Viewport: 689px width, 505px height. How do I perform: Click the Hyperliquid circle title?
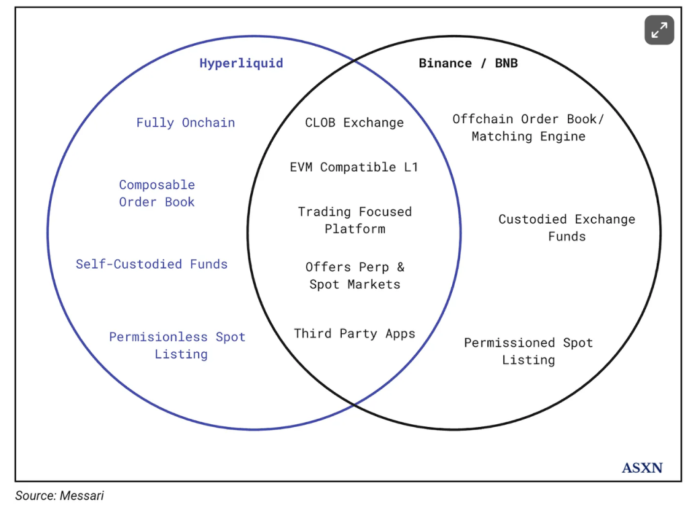[241, 63]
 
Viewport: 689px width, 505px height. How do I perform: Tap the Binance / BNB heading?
[468, 63]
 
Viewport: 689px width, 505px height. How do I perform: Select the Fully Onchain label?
[185, 123]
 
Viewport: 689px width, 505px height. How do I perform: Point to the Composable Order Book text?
[157, 193]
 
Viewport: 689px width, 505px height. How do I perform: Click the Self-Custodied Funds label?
[151, 264]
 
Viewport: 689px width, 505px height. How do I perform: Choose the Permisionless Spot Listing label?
[178, 345]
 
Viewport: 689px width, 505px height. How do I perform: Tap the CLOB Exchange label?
[354, 123]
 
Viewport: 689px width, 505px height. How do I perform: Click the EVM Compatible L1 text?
[354, 167]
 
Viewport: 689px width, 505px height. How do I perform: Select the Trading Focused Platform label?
[355, 220]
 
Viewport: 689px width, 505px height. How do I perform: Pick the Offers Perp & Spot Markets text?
[355, 276]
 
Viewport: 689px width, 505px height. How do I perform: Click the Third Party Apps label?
[354, 333]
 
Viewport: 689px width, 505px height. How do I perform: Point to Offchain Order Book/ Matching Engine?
[528, 127]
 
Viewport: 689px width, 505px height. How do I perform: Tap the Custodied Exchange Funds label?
[567, 228]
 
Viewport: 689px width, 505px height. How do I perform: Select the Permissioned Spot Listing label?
[528, 351]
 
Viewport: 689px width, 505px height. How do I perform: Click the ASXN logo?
[642, 467]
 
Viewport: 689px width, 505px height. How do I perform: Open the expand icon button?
[659, 30]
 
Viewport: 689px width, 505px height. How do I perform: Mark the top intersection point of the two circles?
[354, 61]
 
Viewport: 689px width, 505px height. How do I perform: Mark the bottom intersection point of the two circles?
[354, 404]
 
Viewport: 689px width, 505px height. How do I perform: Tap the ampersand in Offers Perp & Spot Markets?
[400, 267]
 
